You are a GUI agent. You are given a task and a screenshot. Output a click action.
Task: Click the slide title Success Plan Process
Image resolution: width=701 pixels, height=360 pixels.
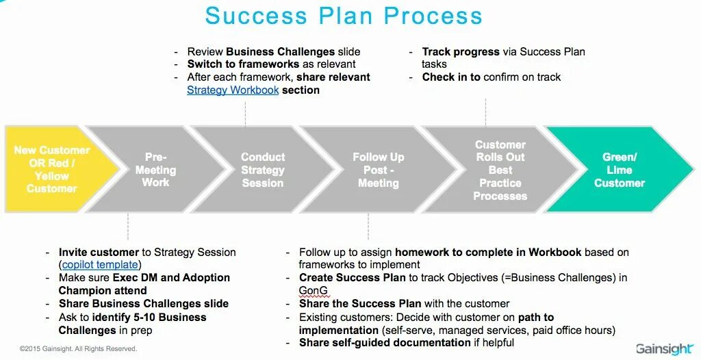pos(344,16)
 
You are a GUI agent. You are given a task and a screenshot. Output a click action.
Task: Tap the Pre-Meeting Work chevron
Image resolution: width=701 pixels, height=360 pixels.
pos(156,169)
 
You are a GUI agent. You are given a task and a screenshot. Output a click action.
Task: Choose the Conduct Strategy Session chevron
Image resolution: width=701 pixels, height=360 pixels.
pos(262,170)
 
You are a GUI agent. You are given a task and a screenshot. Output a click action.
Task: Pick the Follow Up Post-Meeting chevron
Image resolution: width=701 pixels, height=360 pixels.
pos(378,170)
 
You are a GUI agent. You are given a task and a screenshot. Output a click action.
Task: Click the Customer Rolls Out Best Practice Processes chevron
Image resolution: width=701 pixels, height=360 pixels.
pos(500,170)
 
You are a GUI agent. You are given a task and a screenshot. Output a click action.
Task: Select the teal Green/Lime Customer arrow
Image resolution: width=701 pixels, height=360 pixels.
pos(619,170)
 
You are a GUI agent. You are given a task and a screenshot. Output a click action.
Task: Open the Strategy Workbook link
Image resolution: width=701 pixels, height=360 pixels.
pos(233,90)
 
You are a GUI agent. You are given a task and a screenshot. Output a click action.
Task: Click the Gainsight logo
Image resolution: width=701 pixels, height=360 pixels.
pos(663,348)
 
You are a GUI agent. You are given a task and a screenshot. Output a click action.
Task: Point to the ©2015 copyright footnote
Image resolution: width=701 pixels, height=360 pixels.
pos(78,349)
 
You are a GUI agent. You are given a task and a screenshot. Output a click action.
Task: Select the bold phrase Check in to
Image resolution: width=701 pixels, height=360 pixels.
pos(451,77)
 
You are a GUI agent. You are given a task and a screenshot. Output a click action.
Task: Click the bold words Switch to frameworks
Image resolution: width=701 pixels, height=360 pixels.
pos(243,64)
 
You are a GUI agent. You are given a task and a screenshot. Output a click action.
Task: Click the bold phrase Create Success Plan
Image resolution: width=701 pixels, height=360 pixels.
pos(353,277)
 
